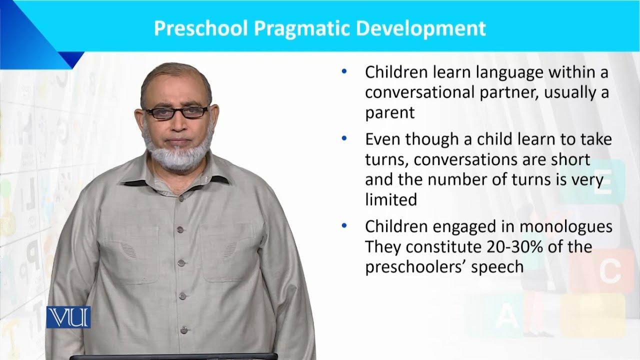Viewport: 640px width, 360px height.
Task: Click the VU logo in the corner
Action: pos(68,317)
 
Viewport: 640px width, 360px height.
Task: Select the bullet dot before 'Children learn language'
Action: pos(343,71)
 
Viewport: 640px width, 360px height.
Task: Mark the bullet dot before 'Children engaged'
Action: pos(343,225)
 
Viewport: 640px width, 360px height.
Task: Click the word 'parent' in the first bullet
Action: pos(389,112)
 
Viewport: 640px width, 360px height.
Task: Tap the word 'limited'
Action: pos(390,200)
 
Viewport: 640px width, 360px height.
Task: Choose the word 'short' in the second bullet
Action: pos(568,160)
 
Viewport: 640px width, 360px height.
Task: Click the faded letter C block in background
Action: pos(609,270)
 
